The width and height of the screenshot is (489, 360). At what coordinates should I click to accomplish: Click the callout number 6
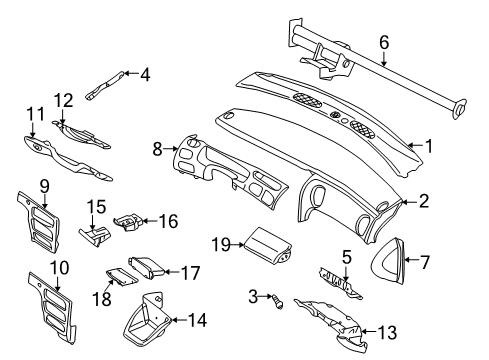pyautogui.click(x=383, y=41)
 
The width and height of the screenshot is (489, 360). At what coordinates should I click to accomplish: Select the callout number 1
pyautogui.click(x=429, y=145)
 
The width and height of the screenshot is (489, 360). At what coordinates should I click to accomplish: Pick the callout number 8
pyautogui.click(x=156, y=150)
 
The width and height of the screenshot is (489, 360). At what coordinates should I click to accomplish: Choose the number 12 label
pyautogui.click(x=64, y=100)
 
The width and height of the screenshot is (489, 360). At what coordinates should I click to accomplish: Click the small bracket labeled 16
pyautogui.click(x=129, y=220)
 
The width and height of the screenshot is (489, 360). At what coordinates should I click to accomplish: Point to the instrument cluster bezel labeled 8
pyautogui.click(x=225, y=170)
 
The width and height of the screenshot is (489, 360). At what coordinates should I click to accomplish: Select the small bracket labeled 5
pyautogui.click(x=335, y=277)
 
